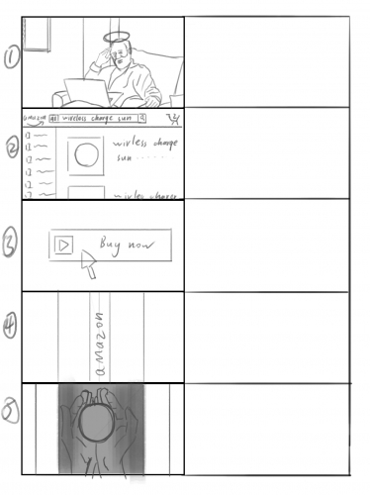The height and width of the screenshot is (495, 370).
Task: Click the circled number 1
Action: [10, 58]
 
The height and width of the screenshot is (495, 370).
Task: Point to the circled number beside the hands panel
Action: [9, 415]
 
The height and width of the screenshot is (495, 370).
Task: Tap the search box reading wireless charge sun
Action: [97, 118]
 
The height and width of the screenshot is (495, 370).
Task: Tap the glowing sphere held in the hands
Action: [99, 427]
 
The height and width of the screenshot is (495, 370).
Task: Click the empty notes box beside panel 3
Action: [266, 245]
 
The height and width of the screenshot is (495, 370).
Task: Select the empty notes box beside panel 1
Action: [266, 61]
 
